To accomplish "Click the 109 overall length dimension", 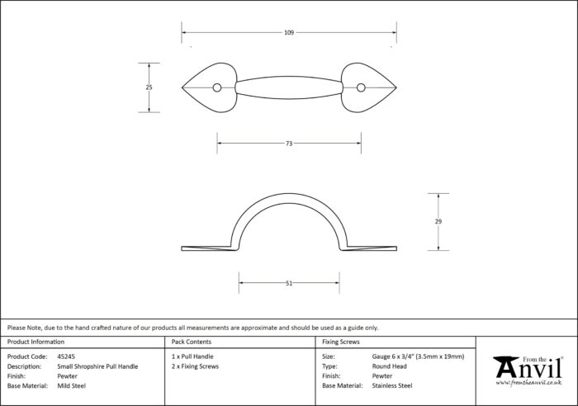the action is (x=289, y=32).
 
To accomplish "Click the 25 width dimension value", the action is (x=149, y=87).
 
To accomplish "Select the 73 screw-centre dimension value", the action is (x=289, y=144).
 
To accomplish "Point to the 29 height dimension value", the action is (x=438, y=221).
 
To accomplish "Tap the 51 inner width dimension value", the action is (x=289, y=283).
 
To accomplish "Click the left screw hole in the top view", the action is (x=217, y=87).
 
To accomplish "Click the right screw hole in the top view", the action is (x=361, y=87).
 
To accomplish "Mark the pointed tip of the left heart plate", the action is (x=182, y=87).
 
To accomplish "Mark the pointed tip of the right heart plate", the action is (x=396, y=87).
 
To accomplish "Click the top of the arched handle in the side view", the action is (x=289, y=194).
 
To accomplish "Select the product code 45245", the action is (x=66, y=356).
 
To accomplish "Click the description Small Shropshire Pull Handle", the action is (x=97, y=366).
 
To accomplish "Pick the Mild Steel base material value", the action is (x=72, y=385).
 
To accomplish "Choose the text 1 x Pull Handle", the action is (x=192, y=356).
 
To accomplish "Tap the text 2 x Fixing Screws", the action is (x=195, y=366).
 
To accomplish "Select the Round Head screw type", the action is (x=389, y=366).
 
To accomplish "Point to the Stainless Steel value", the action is (x=392, y=385).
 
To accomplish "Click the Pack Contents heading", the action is (x=192, y=342).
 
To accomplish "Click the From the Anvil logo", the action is (x=528, y=371).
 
